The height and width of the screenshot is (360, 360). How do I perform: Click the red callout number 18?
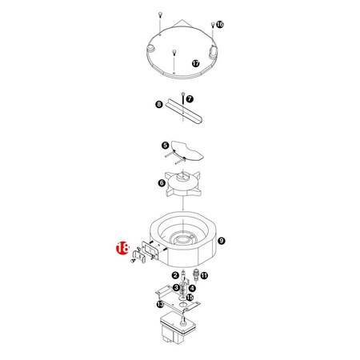[122, 248]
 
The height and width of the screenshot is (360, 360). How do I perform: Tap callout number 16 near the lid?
[220, 25]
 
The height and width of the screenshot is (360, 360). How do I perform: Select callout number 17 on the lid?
[195, 62]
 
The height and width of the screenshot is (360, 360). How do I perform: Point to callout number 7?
[190, 98]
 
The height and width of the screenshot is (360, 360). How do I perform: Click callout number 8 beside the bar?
[158, 105]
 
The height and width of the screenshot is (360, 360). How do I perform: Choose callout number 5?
[165, 146]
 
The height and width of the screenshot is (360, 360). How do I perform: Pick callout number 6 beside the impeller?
[162, 183]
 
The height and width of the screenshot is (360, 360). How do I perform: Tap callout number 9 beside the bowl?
[222, 239]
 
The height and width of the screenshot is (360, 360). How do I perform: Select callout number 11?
[204, 276]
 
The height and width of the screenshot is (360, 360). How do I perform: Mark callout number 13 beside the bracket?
[160, 305]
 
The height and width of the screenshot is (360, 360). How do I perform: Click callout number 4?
[191, 287]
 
